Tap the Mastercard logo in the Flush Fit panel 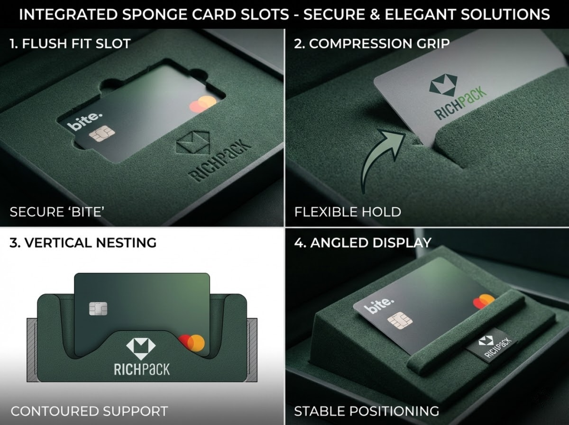tap(202, 104)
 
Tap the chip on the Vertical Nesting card tap(98, 308)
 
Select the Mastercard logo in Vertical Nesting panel tap(192, 343)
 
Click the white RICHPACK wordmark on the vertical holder tap(142, 369)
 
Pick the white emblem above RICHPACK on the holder tap(141, 346)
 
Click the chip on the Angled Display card tap(400, 321)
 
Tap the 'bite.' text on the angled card tap(378, 306)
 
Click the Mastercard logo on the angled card tap(484, 301)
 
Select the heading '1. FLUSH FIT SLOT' tap(70, 43)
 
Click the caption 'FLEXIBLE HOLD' tap(348, 212)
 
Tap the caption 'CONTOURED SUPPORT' tap(89, 411)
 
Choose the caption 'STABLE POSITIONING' tap(367, 411)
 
